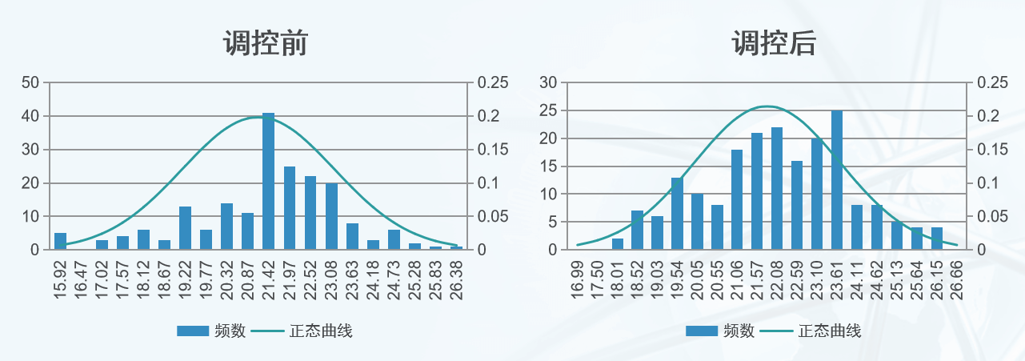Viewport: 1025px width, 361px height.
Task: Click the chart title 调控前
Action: [265, 43]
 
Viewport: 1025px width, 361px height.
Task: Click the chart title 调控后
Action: [774, 43]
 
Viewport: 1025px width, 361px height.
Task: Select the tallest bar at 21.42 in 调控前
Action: [269, 182]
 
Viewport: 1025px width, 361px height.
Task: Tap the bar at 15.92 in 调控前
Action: [61, 241]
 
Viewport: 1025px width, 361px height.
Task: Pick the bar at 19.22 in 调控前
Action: [186, 228]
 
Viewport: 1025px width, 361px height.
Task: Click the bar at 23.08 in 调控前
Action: [331, 216]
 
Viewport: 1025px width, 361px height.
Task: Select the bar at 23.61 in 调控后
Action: [837, 180]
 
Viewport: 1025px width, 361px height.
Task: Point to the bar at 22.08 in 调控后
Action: [777, 189]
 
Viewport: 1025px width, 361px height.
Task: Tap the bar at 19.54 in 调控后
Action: [677, 214]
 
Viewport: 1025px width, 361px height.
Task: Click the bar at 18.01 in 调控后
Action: [618, 244]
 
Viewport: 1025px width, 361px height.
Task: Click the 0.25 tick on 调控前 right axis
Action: [493, 82]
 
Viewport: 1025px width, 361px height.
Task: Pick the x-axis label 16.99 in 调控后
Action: [578, 279]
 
